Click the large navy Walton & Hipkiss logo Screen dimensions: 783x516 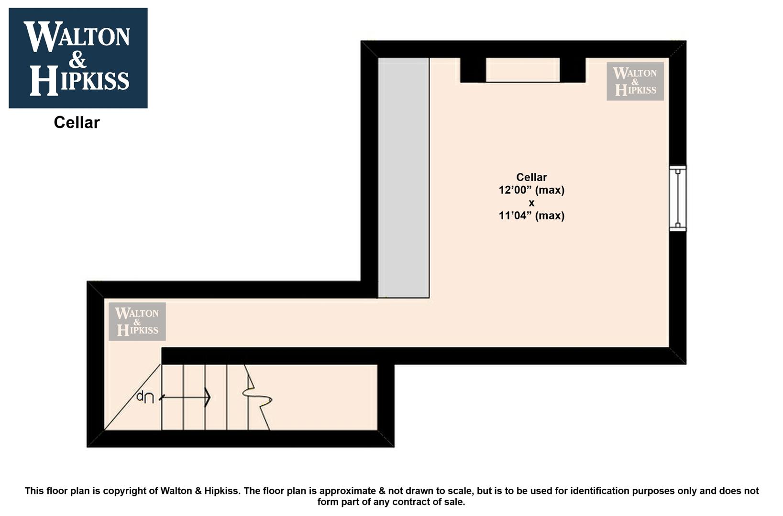[78, 58]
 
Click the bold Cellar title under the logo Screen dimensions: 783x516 [77, 122]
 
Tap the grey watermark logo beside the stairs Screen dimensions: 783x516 [137, 322]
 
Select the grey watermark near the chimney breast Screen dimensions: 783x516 [635, 81]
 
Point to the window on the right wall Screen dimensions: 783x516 [678, 198]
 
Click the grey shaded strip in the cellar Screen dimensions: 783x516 [404, 178]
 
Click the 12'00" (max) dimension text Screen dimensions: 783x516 [531, 190]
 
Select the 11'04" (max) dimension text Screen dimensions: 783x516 [531, 216]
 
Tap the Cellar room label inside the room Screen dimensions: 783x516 [531, 177]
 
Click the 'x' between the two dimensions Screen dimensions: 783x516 [531, 203]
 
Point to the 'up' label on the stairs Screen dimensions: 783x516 [145, 397]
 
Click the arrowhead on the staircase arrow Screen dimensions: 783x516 [208, 398]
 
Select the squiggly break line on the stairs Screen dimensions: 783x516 [257, 398]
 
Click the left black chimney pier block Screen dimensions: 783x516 [473, 70]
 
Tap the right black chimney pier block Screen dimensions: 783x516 [573, 70]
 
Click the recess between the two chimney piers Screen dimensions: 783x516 [523, 70]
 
